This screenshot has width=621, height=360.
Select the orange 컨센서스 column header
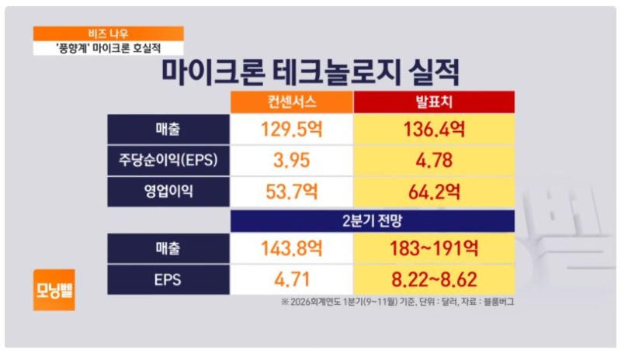[x=291, y=102]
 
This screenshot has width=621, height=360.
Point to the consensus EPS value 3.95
[x=291, y=160]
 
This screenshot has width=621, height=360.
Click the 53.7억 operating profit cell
[x=291, y=191]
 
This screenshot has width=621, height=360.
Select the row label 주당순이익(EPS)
[x=168, y=160]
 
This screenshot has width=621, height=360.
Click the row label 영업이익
[x=168, y=191]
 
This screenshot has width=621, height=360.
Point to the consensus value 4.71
[x=291, y=279]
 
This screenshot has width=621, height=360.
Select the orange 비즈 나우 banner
[x=108, y=33]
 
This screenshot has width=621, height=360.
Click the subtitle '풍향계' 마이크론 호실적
[x=108, y=47]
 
